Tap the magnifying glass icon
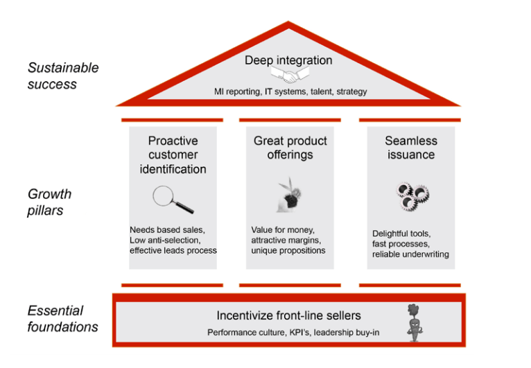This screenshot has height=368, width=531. coord(173,200)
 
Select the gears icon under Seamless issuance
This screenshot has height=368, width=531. coord(410,198)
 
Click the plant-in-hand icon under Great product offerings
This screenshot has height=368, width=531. coord(289,195)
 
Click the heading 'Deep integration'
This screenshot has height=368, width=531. coord(288,60)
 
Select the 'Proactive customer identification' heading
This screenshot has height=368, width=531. coord(173,155)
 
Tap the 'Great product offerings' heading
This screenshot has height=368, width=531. coord(290,148)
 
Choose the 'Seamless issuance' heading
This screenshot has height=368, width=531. coord(411,148)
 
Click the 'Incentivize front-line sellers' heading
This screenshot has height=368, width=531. coord(288,316)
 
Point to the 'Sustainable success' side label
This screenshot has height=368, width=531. coord(63,76)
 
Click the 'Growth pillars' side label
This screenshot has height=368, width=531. coord(49,202)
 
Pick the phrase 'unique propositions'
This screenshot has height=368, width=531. coord(288,250)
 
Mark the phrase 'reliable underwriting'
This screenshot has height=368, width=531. coord(410,254)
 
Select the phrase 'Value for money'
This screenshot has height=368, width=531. coord(282,229)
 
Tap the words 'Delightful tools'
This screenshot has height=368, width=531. coord(401,234)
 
